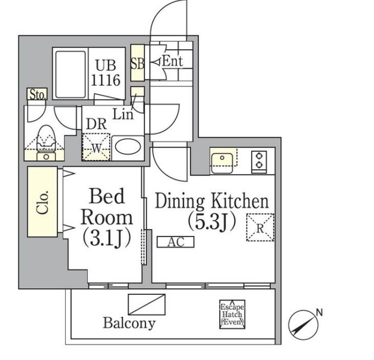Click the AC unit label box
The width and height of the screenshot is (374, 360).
click(x=175, y=242)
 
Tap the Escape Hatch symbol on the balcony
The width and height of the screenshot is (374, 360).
click(x=232, y=314)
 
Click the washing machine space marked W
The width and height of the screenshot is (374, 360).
click(x=96, y=147)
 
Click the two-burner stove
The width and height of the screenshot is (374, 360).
click(x=259, y=161)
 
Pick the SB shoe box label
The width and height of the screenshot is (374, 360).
click(x=137, y=64)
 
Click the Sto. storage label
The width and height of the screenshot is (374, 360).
click(x=37, y=94)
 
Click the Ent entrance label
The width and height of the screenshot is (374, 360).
click(x=172, y=62)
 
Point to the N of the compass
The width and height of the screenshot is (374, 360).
click(x=319, y=312)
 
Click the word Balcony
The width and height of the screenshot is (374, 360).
click(x=129, y=323)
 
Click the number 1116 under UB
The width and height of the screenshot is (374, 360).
click(x=106, y=80)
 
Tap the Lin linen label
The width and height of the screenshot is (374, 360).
click(x=123, y=115)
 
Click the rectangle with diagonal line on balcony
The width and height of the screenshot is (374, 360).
click(x=147, y=304)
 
